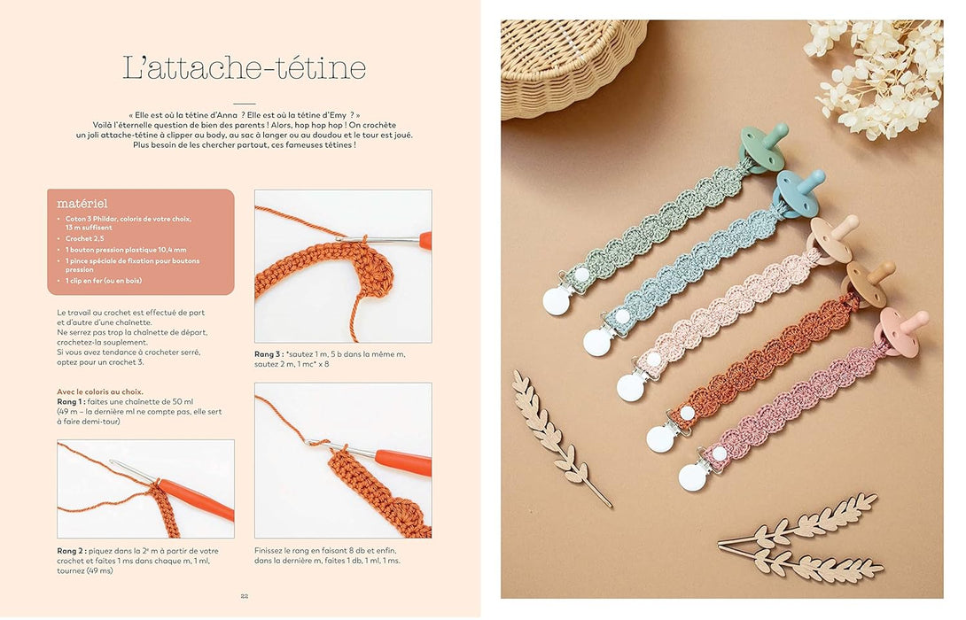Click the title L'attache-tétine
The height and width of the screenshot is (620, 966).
click(244, 68)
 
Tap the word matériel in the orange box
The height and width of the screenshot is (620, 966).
click(82, 203)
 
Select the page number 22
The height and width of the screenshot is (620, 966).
click(244, 596)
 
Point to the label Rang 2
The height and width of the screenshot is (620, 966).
click(73, 551)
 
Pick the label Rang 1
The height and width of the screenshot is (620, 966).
click(72, 401)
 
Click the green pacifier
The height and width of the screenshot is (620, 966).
click(763, 144)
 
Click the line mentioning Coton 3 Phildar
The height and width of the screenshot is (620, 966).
click(128, 219)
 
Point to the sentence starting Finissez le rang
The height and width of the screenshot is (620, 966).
click(325, 551)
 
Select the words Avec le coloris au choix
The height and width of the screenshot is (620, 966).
click(100, 391)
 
